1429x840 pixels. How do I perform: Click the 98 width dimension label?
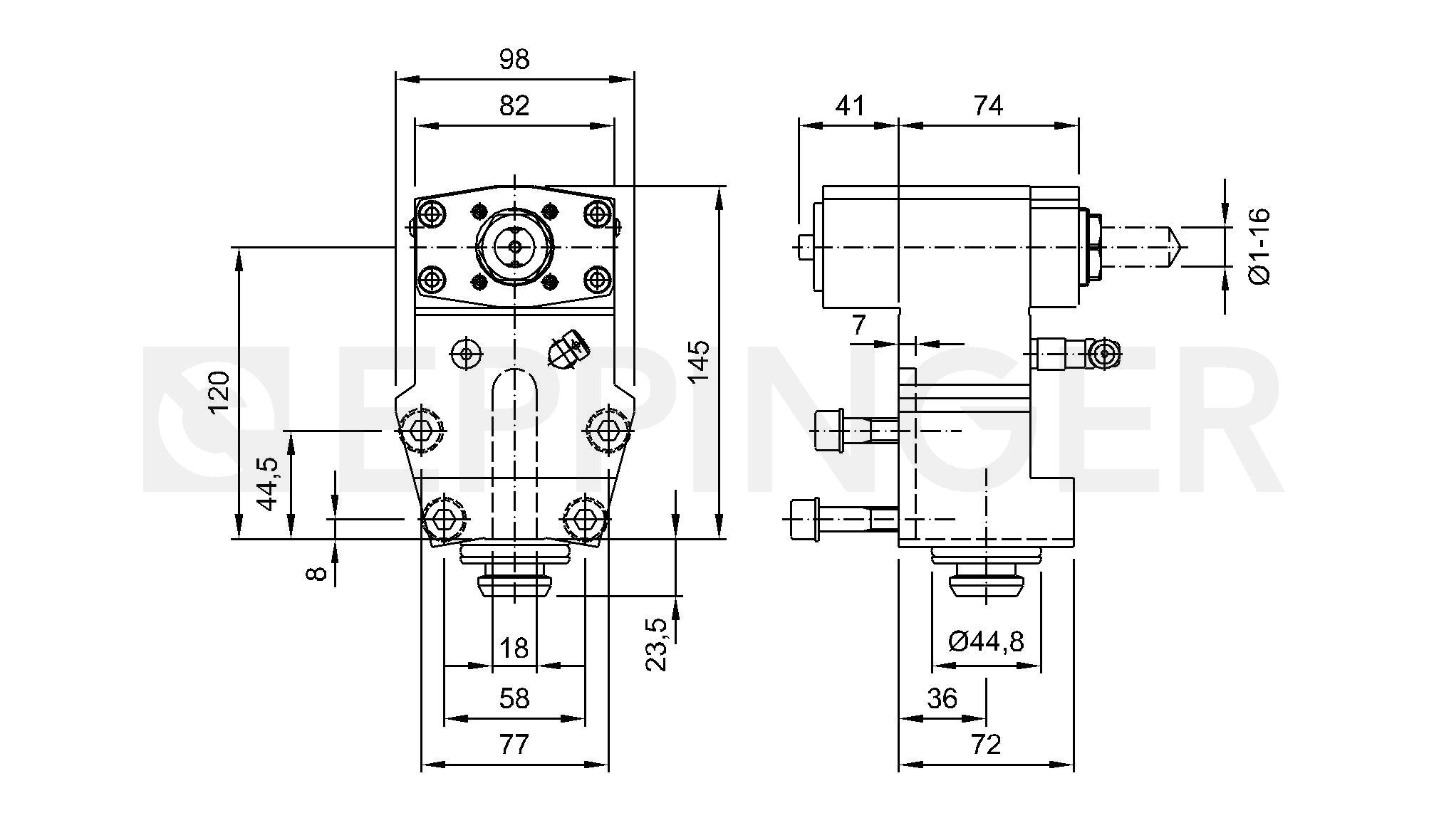(514, 60)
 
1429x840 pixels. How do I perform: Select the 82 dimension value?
(514, 105)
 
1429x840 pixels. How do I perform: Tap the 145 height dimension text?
(700, 362)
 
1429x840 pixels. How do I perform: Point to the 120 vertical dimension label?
(219, 391)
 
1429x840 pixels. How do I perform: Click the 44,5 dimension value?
(268, 484)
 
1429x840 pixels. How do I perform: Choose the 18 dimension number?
(514, 649)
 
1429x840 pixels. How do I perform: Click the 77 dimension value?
(514, 745)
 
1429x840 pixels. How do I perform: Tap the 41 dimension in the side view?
(849, 105)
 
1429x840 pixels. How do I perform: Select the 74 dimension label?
(988, 105)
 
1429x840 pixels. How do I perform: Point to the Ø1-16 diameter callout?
(1260, 246)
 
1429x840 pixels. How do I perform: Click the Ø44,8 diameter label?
(987, 641)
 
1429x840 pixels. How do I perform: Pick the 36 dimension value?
(942, 699)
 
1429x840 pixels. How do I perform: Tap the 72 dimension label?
(986, 745)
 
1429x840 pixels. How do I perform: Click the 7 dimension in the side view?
(859, 325)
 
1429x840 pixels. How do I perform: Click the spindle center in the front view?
(514, 247)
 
